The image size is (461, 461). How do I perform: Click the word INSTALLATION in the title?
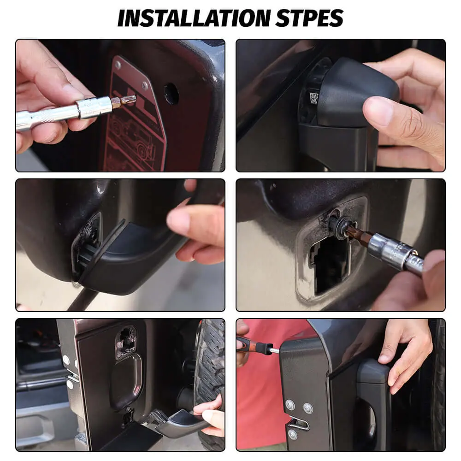pyautogui.click(x=194, y=18)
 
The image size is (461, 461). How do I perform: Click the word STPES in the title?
pyautogui.click(x=310, y=18)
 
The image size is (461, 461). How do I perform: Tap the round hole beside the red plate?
pyautogui.click(x=171, y=94)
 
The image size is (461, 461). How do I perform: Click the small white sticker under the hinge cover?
pyautogui.click(x=313, y=98)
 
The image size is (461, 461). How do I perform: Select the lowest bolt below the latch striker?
pyautogui.click(x=293, y=434)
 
